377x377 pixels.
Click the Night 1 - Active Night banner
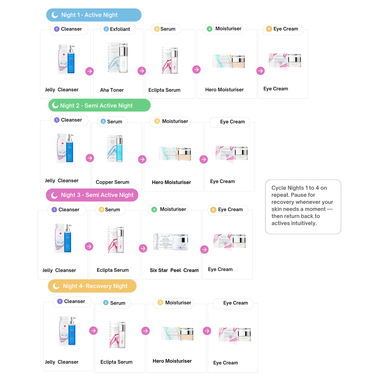(94, 15)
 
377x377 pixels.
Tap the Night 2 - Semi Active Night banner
(99, 105)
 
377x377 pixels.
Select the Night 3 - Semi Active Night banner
(92, 195)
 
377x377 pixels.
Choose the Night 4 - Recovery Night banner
(92, 286)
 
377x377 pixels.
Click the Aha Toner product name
(112, 90)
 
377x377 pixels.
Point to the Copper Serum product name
(112, 182)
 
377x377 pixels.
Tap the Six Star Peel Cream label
(174, 270)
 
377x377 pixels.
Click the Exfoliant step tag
(118, 29)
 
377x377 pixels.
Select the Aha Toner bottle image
(118, 58)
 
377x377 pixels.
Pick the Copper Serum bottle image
(115, 148)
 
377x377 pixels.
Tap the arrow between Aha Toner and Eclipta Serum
(142, 71)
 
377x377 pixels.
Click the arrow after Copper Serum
(142, 159)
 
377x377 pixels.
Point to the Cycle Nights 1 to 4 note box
(303, 206)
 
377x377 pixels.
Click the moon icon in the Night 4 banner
(56, 286)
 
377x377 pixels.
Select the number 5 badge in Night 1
(269, 29)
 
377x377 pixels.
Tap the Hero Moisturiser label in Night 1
(224, 90)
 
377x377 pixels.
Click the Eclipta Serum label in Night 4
(116, 362)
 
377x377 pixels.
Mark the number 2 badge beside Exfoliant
(106, 29)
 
